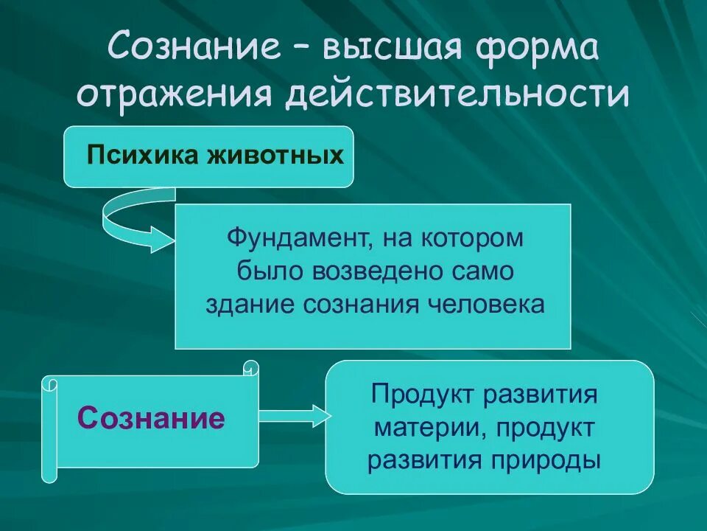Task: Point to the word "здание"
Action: tap(248, 303)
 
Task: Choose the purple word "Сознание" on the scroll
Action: tap(151, 418)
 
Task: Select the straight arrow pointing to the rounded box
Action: tap(292, 416)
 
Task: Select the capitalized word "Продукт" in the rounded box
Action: tap(423, 394)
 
